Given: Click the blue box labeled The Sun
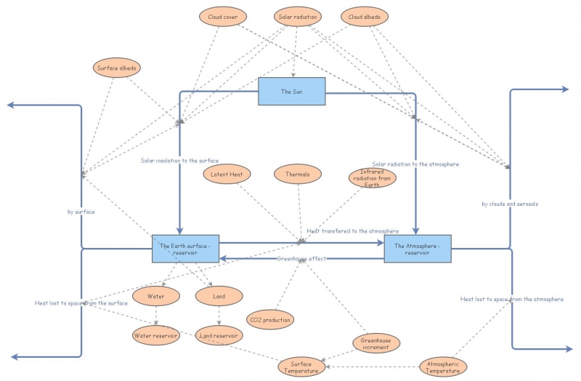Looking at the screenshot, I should coord(292,92).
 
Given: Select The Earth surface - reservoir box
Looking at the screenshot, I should coord(185,248).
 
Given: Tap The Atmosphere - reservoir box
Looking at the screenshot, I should coord(418,248).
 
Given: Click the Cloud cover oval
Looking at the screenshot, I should coord(223,16).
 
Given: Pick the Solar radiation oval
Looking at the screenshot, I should coord(298,16).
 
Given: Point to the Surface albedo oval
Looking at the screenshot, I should coord(116,68).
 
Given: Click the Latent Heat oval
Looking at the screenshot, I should coord(226,175).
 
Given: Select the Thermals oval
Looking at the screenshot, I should coord(297,175).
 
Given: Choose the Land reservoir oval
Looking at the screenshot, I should coord(219,335).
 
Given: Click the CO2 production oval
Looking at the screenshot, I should coord(270,319).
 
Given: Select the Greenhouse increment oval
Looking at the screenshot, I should coord(375,343).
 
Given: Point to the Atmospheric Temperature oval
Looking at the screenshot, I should coord(443,367).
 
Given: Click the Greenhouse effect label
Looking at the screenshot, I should coord(301,259).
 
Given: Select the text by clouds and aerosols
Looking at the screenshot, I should coord(510,204).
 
